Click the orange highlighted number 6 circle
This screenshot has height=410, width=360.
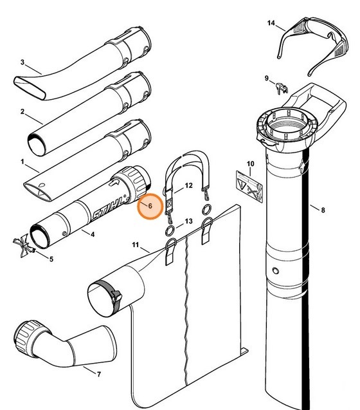[150, 207]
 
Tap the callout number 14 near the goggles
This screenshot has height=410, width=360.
[271, 24]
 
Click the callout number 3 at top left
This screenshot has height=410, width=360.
[22, 62]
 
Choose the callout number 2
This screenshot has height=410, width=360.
[22, 112]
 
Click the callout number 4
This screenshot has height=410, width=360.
[93, 234]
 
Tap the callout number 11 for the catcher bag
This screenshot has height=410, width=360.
[136, 246]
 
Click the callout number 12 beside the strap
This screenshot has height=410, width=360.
[189, 185]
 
